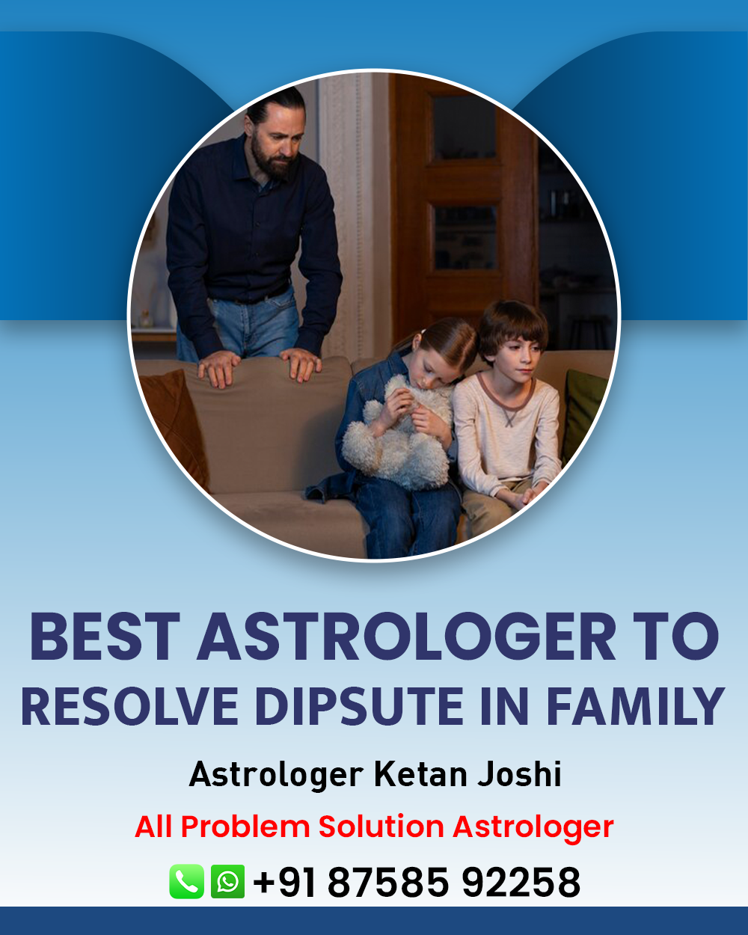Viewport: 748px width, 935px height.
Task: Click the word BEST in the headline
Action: pyautogui.click(x=105, y=637)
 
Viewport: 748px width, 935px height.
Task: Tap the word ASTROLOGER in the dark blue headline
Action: pyautogui.click(x=407, y=637)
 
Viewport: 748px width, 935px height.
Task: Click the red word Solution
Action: pyautogui.click(x=381, y=826)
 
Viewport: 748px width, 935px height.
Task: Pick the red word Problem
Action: pyautogui.click(x=245, y=826)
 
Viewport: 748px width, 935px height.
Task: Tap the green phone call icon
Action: pyautogui.click(x=186, y=881)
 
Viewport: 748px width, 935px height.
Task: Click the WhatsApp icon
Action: pyautogui.click(x=227, y=881)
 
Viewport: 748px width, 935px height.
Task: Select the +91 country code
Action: pyautogui.click(x=283, y=882)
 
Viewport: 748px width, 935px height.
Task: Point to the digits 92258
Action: pyautogui.click(x=521, y=882)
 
